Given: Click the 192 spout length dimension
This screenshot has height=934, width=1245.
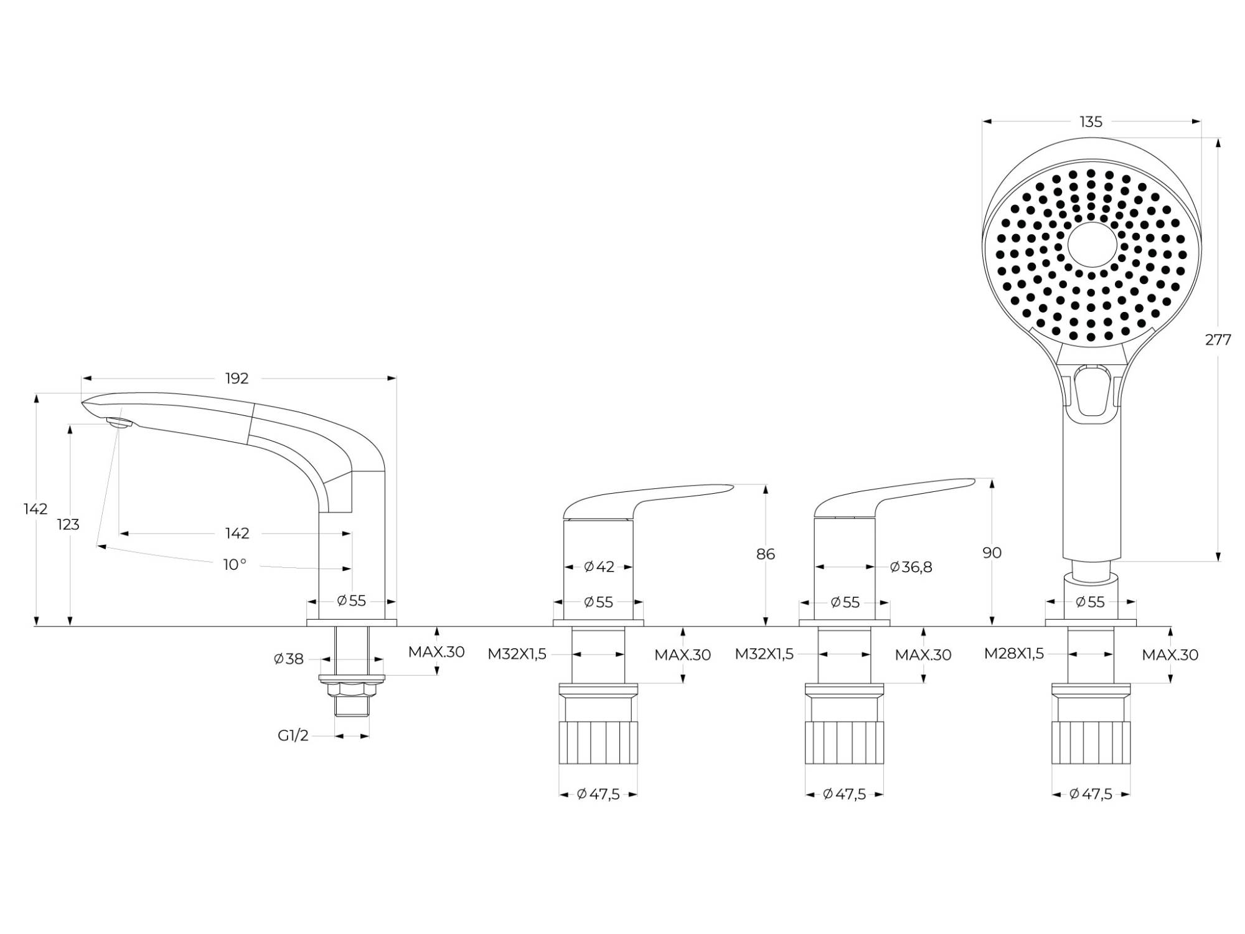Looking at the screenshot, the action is pos(237,378).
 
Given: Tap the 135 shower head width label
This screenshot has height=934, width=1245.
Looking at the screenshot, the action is pos(1091,122).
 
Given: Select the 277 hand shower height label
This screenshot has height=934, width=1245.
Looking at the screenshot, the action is pos(1218,340).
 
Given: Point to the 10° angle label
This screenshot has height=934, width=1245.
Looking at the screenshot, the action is pos(235,565).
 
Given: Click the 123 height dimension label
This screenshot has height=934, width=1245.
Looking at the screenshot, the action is pos(68,525).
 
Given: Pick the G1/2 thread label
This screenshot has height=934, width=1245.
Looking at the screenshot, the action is pos(293,736).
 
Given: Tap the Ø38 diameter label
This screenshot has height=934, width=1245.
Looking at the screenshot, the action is pos(288,659).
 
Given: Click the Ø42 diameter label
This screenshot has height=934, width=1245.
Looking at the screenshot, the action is pos(599,567).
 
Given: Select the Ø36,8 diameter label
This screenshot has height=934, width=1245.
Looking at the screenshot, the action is pos(911,567).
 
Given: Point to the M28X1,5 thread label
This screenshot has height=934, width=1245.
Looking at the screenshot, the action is pos(1013,654).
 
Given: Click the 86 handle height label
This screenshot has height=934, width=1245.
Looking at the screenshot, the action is pos(766,554).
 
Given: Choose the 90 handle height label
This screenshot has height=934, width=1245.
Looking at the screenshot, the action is pos(992,552).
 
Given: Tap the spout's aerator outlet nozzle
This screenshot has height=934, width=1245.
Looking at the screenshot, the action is pos(120,423).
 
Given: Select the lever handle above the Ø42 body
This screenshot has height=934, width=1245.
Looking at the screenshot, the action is pos(647,501).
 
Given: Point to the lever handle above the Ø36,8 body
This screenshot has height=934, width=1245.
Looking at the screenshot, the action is pos(895,498).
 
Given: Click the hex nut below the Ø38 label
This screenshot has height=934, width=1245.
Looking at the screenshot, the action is pos(352,689).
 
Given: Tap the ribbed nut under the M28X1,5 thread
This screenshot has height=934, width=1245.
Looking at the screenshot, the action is pos(1091,742).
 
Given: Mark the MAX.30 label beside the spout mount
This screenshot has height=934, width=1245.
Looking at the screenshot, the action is pos(436,652).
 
